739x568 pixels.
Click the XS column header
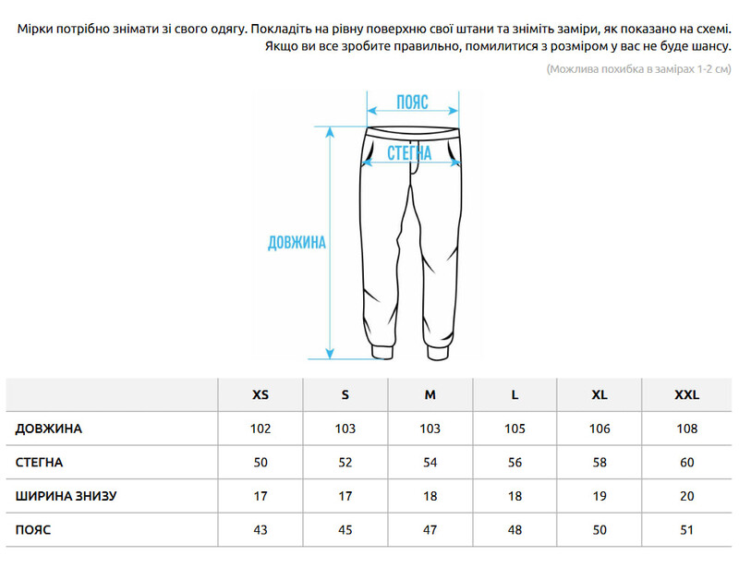(260, 394)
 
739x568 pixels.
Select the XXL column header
(686, 394)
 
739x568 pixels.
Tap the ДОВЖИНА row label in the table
(49, 429)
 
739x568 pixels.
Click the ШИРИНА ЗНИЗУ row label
(66, 497)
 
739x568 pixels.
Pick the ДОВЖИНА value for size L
(515, 429)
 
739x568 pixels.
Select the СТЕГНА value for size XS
(260, 463)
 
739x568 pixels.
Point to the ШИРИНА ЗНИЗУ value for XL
(600, 497)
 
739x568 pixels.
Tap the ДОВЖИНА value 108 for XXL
(686, 429)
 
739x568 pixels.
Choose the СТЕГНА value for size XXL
(686, 463)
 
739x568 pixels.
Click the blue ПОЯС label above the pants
(412, 103)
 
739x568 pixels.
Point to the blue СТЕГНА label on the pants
(409, 152)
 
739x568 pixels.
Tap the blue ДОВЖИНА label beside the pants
(297, 243)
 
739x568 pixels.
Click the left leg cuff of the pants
(374, 350)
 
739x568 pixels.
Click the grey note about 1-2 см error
(638, 69)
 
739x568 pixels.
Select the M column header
(430, 394)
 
